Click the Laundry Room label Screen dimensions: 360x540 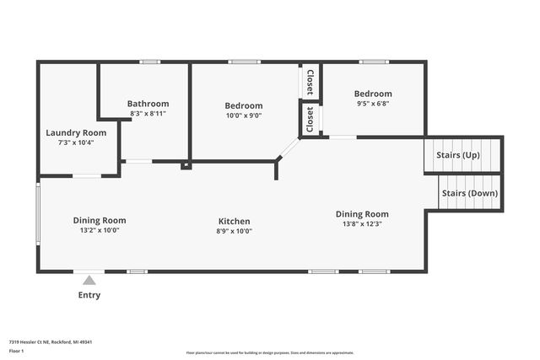[76, 132]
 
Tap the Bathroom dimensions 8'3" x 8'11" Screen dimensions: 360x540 [147, 113]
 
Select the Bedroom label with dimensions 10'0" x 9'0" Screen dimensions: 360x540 [243, 105]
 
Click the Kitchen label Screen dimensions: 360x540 [233, 221]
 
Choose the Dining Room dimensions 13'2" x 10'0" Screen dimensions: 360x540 [100, 230]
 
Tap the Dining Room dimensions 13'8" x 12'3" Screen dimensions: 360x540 [362, 224]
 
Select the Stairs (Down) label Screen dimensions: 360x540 [470, 193]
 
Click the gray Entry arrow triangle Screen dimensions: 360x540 [89, 280]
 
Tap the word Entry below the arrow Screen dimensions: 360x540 [89, 295]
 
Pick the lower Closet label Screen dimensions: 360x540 [310, 119]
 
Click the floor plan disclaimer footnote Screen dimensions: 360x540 [269, 352]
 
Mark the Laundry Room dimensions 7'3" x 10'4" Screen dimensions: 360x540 [76, 142]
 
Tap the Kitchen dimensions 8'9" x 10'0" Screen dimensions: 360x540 [233, 231]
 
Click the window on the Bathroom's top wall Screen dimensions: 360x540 [150, 62]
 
